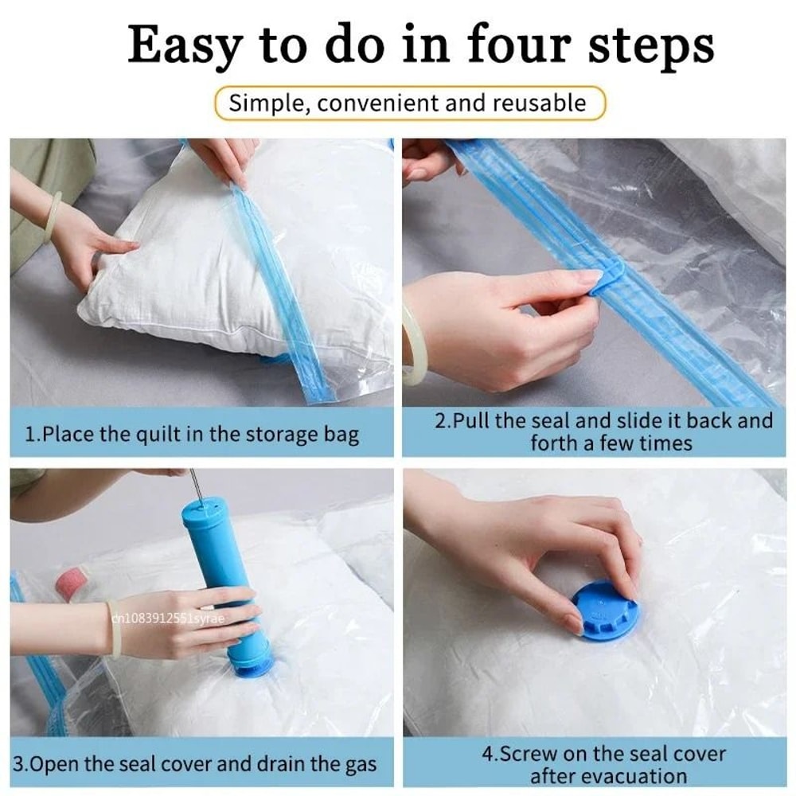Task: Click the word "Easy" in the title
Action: pos(184,45)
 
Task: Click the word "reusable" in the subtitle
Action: pos(539,103)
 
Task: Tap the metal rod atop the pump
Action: pos(193,485)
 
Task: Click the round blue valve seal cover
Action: pos(606,611)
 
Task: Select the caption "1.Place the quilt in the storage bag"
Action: pos(192,435)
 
